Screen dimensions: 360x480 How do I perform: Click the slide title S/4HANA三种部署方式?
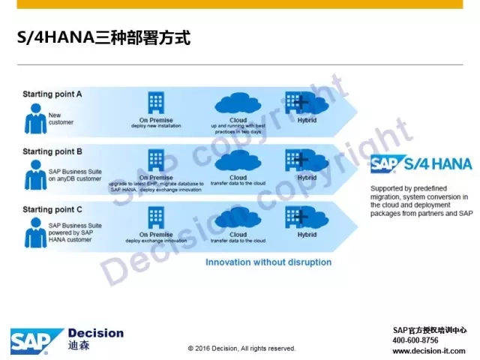(103, 38)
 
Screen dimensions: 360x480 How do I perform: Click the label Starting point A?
(52, 94)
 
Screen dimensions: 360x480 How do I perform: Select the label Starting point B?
(52, 150)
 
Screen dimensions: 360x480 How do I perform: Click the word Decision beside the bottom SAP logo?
(95, 333)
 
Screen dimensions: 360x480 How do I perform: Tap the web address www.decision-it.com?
(429, 350)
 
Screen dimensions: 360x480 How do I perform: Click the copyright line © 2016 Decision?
(241, 348)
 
